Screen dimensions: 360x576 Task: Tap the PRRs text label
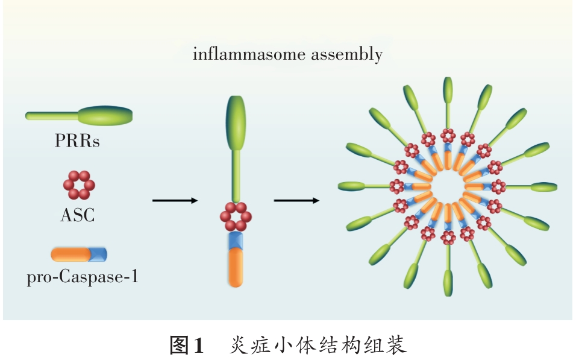point(77,142)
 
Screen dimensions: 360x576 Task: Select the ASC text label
point(78,214)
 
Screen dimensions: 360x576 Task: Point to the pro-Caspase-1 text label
point(82,278)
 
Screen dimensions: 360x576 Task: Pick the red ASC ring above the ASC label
point(78,185)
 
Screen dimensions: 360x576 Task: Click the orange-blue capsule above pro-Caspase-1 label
point(79,253)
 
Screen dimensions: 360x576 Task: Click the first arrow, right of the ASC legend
point(175,200)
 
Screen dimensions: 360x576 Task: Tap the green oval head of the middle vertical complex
point(237,123)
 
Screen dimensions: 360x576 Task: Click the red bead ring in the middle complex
point(237,215)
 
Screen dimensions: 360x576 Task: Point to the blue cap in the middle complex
point(237,240)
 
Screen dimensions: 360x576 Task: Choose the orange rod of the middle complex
point(237,268)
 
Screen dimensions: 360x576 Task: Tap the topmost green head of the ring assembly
point(448,90)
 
